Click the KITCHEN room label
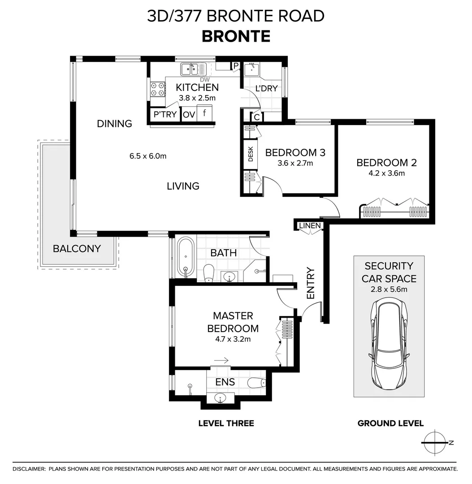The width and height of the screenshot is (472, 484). click(197, 87)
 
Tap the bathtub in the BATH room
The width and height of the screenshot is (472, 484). click(186, 257)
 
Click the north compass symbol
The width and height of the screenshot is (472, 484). click(435, 442)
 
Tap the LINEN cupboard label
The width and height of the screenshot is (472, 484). click(310, 225)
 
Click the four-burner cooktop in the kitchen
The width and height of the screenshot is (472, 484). click(157, 89)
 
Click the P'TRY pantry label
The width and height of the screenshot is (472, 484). click(165, 114)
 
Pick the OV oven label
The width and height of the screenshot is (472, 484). click(189, 115)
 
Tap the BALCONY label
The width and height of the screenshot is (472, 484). click(77, 249)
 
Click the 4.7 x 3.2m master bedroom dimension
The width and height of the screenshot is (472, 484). click(233, 339)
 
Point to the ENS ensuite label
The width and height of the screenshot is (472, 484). click(225, 382)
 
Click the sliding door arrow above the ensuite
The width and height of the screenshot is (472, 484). click(221, 360)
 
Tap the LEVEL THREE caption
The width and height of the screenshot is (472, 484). click(226, 423)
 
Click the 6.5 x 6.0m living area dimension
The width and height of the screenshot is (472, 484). click(148, 156)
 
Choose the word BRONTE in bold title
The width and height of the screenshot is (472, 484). click(236, 36)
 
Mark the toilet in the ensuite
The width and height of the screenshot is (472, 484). click(257, 383)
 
